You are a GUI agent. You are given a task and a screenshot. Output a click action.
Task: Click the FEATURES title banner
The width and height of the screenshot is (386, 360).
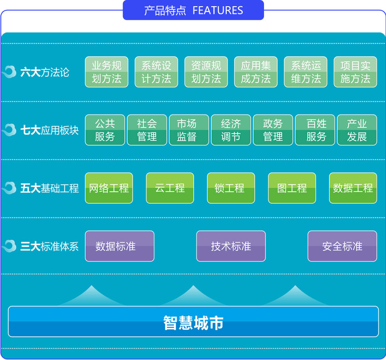pos(193,10)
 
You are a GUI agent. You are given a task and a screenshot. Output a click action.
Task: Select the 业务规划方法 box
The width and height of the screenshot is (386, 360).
pos(106,72)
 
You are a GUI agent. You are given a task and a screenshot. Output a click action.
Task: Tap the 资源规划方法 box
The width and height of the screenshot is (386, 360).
pos(206,72)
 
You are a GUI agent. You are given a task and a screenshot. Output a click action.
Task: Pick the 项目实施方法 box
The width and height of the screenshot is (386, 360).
pos(355,72)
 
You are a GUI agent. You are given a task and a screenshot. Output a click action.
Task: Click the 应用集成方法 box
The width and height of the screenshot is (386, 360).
pos(256,72)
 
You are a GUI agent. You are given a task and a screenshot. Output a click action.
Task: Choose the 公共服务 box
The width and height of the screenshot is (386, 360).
pos(105,130)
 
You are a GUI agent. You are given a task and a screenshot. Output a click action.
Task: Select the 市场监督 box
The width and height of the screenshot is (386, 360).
pos(189,130)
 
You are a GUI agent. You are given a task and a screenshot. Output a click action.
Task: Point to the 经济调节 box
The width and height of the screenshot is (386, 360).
pos(231,130)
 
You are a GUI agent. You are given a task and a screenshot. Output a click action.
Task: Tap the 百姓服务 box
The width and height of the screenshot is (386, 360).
pos(315,130)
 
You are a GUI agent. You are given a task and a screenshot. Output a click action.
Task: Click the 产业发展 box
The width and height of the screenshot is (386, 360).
pos(357,130)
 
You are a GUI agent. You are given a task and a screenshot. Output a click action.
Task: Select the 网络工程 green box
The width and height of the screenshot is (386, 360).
pos(109,188)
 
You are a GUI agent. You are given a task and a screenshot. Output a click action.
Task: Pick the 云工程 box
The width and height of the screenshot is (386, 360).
pos(170,188)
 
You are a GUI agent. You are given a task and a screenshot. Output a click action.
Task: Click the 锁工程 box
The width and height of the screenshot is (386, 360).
pos(231,188)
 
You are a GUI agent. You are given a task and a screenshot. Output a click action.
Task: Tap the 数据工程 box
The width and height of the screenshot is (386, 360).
pos(353,188)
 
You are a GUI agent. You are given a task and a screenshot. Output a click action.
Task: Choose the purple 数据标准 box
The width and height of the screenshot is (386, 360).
pos(120,246)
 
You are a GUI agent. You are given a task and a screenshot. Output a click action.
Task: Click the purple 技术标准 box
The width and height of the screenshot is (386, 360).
pos(231,246)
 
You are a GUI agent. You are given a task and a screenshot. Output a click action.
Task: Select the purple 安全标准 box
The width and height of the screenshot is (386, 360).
pos(342,246)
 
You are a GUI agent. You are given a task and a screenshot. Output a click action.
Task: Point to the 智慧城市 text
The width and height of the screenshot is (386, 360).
pos(193,323)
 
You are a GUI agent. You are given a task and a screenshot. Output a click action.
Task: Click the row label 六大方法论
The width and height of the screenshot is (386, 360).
pos(45,72)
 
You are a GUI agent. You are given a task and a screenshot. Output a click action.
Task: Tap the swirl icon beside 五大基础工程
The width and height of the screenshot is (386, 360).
pos(9,188)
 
